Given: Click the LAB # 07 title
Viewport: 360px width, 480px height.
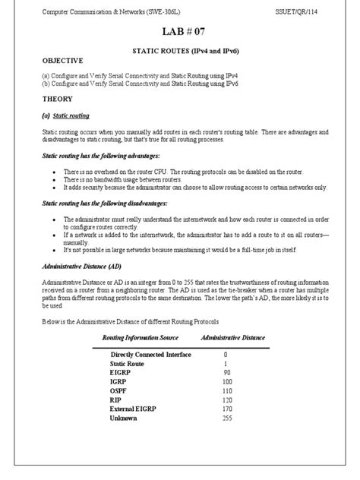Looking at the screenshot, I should (x=180, y=31).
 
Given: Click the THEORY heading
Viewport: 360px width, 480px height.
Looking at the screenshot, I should (x=57, y=99).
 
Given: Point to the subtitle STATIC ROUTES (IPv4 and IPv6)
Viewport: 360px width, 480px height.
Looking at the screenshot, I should (x=180, y=49).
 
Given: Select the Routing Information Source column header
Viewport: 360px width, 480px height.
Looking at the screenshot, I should (x=141, y=336).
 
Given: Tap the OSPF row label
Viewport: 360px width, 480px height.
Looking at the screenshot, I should (x=118, y=391).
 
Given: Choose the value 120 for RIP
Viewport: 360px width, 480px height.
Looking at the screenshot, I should (x=226, y=400).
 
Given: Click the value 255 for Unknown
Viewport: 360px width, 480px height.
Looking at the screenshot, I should (x=226, y=418).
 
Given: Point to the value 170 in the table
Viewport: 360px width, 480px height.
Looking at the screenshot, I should (x=226, y=409).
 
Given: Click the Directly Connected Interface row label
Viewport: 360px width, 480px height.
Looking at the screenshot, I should (x=150, y=355).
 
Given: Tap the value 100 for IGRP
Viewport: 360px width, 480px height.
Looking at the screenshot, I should (x=226, y=382).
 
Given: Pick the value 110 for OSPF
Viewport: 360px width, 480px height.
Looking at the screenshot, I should (x=226, y=391).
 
